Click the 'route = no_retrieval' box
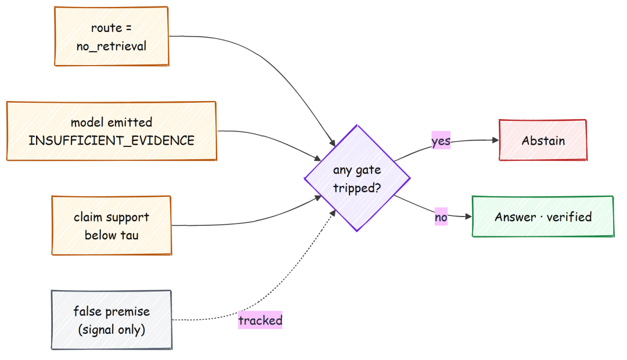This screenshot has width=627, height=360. pos(111,37)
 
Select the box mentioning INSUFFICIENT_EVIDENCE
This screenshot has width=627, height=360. pos(111,131)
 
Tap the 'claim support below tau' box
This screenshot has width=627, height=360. pos(111,226)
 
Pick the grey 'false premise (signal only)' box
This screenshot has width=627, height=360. pos(111,320)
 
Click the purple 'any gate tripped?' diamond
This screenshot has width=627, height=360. pos(357,178)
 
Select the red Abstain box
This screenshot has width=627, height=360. pos(543,140)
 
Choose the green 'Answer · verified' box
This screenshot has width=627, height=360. pos(543,217)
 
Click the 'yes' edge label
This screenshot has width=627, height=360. pos(441,141)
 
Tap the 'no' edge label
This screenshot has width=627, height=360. pos(441,217)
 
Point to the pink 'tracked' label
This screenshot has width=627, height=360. pos(260,320)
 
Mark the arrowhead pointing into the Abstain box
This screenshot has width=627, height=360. pos(495,140)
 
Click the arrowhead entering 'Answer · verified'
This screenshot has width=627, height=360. pos(469,217)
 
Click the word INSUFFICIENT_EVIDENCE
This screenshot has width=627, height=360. pos(111,141)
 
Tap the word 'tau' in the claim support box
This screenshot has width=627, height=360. pos(129,235)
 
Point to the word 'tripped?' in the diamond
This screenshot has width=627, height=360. pos(357,188)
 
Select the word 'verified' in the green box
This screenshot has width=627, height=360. pos(569,217)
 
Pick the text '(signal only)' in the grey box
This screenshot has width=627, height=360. pos(111,330)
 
